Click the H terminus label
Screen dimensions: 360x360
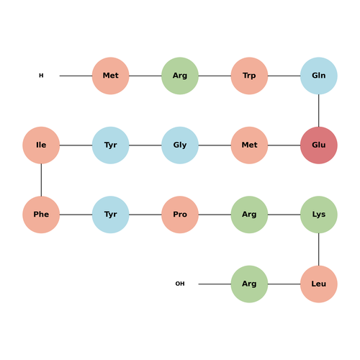[41, 76]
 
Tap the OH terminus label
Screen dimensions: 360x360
[180, 284]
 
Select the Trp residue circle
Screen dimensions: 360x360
[249, 76]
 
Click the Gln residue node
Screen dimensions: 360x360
[319, 76]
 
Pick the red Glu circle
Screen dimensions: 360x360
[319, 145]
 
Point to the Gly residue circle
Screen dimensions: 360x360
[180, 145]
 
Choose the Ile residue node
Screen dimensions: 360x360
[41, 145]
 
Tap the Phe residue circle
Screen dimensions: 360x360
[41, 215]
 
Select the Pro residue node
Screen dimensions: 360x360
[180, 215]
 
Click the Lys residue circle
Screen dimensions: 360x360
[319, 215]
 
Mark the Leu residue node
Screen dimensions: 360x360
[319, 284]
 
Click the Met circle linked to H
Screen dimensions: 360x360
[111, 76]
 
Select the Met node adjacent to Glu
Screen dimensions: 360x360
[249, 145]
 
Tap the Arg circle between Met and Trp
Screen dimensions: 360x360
[180, 76]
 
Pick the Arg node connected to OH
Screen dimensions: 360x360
[249, 284]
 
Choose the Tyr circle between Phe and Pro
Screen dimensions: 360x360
[111, 215]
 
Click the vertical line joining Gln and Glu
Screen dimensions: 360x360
[319, 110]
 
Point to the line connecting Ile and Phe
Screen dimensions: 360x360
[41, 180]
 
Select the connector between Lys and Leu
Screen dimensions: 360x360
[319, 249]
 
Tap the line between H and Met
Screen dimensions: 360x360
[76, 76]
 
